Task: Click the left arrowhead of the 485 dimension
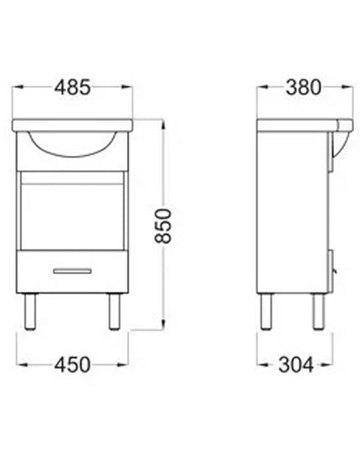click(20, 87)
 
